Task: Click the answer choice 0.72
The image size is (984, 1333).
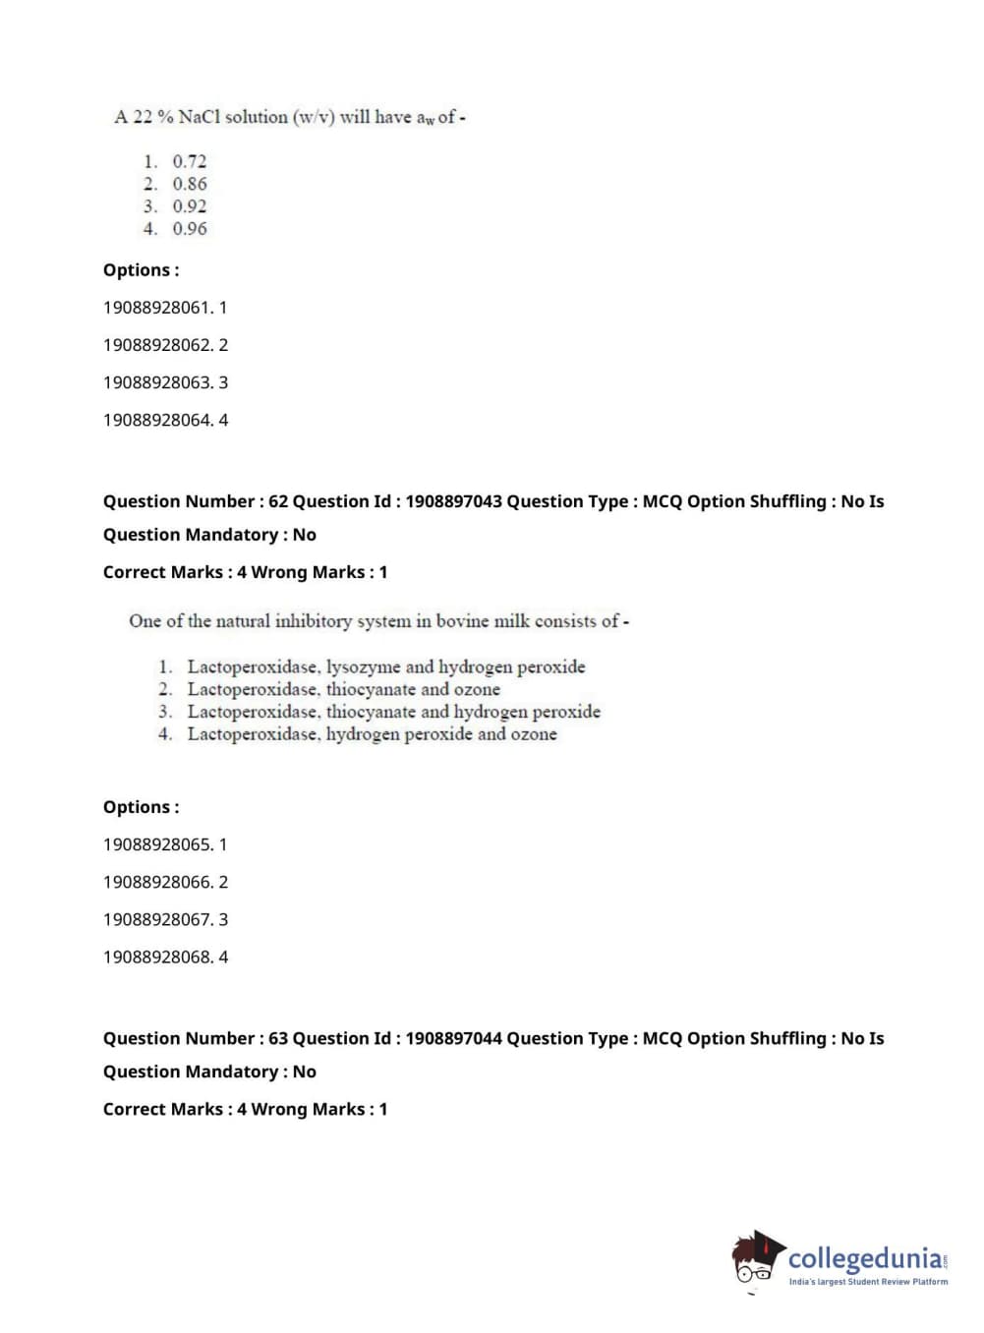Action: (x=189, y=161)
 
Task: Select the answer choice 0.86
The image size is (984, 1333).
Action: (x=189, y=184)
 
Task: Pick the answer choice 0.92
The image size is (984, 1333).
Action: (x=189, y=206)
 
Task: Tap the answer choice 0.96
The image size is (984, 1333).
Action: (x=189, y=229)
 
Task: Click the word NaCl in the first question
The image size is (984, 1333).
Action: (x=200, y=117)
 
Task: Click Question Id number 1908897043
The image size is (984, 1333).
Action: (x=453, y=501)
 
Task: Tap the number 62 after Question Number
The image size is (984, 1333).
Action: (x=278, y=501)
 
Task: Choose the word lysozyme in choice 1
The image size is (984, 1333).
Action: (x=363, y=667)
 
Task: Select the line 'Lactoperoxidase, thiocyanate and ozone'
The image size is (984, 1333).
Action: (x=343, y=690)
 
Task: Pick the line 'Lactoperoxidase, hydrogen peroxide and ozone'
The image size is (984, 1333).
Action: (x=372, y=734)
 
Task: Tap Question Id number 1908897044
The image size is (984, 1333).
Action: (x=453, y=1038)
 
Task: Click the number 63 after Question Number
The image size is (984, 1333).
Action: (x=278, y=1038)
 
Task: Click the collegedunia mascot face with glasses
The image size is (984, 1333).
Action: (x=755, y=1261)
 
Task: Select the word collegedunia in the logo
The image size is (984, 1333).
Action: (x=865, y=1258)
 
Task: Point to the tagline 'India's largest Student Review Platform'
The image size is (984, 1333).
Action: (x=868, y=1282)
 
